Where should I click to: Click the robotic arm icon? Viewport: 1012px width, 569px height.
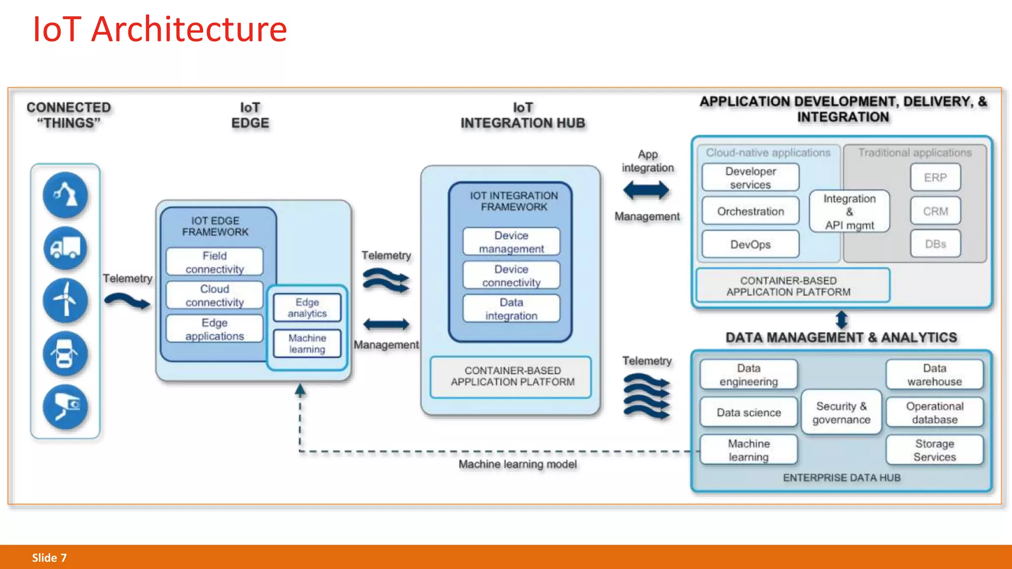coord(65,195)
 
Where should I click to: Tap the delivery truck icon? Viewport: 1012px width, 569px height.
coord(65,248)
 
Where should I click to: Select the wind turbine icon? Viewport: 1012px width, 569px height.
coord(65,300)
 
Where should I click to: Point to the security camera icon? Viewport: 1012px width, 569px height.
coord(65,407)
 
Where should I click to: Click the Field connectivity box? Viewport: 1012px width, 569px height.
coord(214,262)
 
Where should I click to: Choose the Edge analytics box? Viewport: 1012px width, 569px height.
coord(307,307)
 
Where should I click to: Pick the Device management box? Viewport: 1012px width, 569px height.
coord(511,242)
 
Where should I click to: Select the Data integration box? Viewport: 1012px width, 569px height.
coord(511,309)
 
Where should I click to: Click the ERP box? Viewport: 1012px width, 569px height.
coord(935,177)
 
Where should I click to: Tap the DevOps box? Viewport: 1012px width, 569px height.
coord(750,244)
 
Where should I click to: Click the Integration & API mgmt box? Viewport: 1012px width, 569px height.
coord(849,211)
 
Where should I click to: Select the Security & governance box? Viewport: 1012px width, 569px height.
coord(841,412)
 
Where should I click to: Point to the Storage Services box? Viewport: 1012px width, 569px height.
coord(934,450)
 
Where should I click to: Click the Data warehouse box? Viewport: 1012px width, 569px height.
coord(934,374)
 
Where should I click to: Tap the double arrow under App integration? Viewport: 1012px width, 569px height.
coord(646,190)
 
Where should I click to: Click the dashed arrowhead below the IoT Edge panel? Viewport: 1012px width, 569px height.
coord(300,391)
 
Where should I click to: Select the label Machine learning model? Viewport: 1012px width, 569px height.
coord(517,464)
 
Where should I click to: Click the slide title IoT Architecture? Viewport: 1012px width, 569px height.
coord(160,29)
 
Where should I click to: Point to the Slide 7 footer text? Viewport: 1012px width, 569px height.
coord(49,558)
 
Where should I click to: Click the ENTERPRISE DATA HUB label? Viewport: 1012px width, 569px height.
coord(842,478)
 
